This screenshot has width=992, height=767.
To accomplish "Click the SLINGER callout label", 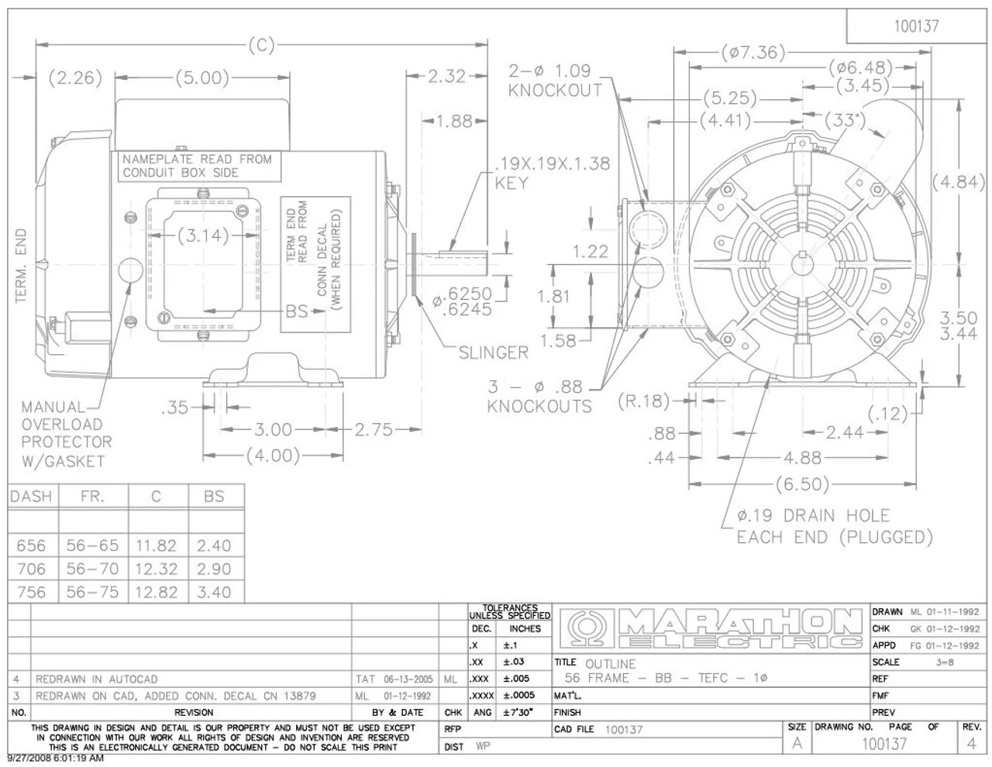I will tap(493, 353).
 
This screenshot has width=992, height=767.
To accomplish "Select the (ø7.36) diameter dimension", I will tap(753, 53).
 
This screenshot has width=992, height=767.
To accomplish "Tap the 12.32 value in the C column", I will tap(156, 569).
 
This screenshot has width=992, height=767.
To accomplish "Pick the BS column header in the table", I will tap(214, 497).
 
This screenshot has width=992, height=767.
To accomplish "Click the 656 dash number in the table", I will tap(31, 545).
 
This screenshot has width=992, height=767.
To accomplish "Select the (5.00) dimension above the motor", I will tap(201, 77).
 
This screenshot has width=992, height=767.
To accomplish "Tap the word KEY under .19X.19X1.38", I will tap(511, 183).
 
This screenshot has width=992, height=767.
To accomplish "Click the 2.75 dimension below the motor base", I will tap(374, 429).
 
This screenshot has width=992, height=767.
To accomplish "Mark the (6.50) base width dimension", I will tap(802, 484).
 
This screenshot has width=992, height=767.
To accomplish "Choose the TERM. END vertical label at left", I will tap(21, 266).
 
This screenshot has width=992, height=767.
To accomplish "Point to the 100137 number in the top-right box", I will tap(916, 26).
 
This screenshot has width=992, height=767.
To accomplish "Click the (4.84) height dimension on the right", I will tap(958, 183).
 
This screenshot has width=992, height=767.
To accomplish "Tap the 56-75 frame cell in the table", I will tap(92, 592).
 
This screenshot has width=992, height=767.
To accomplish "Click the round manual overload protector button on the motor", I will tap(129, 270).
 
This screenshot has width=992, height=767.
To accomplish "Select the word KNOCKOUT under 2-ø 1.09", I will tap(555, 90).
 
